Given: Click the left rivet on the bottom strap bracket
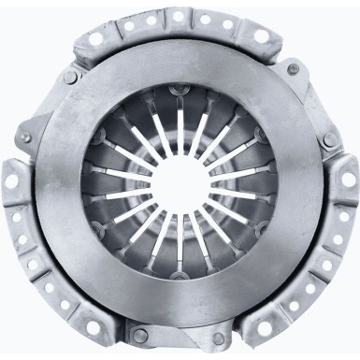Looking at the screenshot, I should (139, 334).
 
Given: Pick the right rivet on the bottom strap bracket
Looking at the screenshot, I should (221, 334).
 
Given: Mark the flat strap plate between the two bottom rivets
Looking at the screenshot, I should (180, 337).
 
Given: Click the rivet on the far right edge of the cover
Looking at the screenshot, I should (329, 140).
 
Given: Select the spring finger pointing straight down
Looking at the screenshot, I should (179, 234).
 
